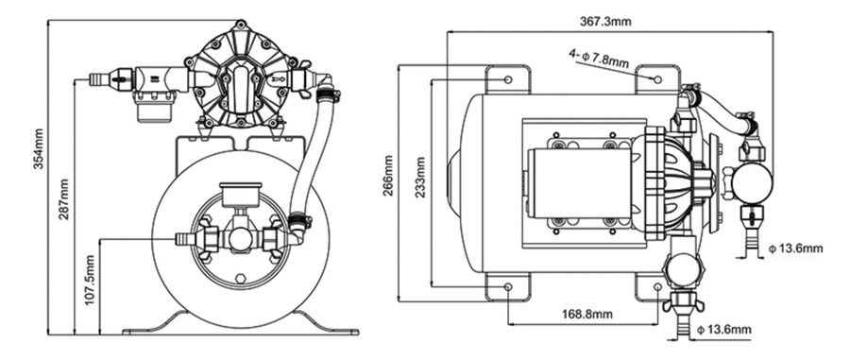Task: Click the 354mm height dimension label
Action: click(39, 149)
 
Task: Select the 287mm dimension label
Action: click(64, 199)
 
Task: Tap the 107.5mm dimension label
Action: click(90, 280)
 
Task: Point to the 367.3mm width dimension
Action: click(605, 21)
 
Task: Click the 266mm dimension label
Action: click(389, 176)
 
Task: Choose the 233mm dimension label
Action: click(420, 178)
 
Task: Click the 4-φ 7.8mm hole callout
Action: click(599, 58)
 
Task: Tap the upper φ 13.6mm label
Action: click(796, 249)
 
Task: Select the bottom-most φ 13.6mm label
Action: click(724, 330)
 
